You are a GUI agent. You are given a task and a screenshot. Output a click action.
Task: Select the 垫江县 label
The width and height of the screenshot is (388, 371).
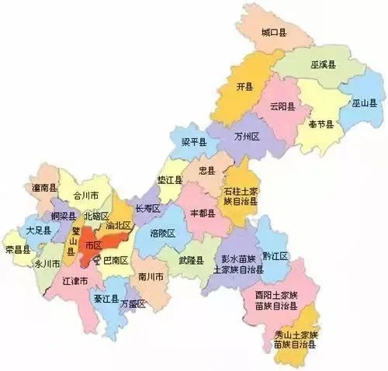click(169, 180)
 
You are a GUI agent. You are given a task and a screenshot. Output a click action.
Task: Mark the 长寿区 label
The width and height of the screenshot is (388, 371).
click(147, 209)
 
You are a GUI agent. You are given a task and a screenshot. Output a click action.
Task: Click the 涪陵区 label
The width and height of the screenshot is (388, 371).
click(162, 234)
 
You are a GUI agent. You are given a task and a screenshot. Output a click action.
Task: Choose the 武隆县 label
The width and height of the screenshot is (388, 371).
click(190, 260)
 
